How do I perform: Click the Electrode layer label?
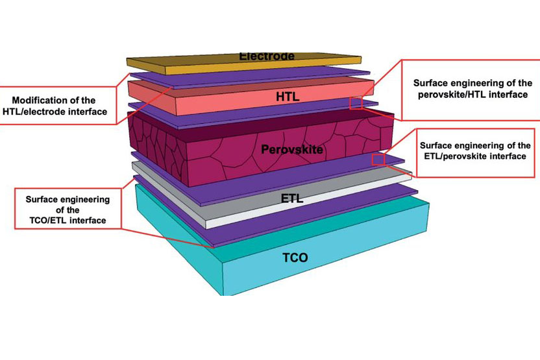tap(267, 56)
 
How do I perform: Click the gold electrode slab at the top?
tap(195, 62)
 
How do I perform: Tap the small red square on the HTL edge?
tap(356, 103)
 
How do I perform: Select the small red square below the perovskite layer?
tap(378, 160)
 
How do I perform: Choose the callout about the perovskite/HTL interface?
tap(470, 90)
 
